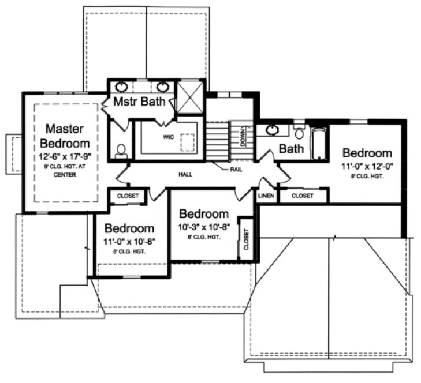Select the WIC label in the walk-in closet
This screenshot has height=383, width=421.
coord(167,137)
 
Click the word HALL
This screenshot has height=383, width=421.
coord(185,173)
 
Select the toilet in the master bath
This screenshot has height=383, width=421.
coord(121,151)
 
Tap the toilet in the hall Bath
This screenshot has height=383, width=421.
coord(299,133)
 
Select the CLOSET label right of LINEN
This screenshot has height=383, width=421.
coord(303,196)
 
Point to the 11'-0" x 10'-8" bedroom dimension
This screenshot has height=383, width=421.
coord(129,241)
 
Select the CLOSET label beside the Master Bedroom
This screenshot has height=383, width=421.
coord(128,196)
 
